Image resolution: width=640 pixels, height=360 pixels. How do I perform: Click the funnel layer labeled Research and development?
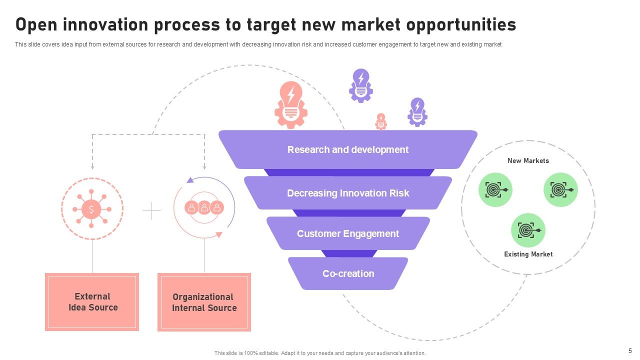[x=348, y=149]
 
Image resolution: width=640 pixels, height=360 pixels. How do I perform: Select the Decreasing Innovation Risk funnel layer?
[x=348, y=193]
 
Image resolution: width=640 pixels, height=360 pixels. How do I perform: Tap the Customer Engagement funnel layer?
[x=348, y=233]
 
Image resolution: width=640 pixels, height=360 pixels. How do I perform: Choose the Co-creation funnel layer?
[x=348, y=273]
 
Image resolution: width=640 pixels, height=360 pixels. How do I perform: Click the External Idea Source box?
[x=92, y=302]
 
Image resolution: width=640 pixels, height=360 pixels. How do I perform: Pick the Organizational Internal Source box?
[x=204, y=302]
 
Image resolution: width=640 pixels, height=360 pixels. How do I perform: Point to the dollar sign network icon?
[x=91, y=209]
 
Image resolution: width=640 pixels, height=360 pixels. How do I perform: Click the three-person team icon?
[x=204, y=207]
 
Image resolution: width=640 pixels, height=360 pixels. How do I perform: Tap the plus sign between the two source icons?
[x=151, y=211]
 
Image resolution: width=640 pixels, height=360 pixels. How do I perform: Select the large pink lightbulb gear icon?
[x=290, y=105]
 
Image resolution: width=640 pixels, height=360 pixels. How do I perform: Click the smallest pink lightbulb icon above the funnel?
[x=381, y=121]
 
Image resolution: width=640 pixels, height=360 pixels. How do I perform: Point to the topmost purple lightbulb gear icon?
[x=360, y=85]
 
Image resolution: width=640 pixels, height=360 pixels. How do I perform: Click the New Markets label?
[x=528, y=160]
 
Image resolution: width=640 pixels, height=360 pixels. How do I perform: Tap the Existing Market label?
[x=528, y=254]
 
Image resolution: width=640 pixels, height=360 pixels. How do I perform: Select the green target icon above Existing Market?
[x=528, y=230]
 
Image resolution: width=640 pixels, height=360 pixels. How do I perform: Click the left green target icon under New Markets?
[x=495, y=190]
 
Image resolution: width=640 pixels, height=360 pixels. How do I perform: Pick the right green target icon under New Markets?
[x=560, y=190]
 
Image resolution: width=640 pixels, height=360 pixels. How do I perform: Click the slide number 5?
[x=630, y=351]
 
